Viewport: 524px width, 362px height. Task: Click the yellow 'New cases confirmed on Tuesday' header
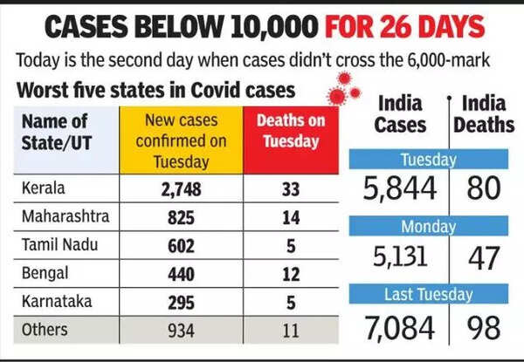(182, 140)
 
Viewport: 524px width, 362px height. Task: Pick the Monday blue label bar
(428, 227)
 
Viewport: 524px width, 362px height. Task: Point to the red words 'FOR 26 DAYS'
(404, 27)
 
